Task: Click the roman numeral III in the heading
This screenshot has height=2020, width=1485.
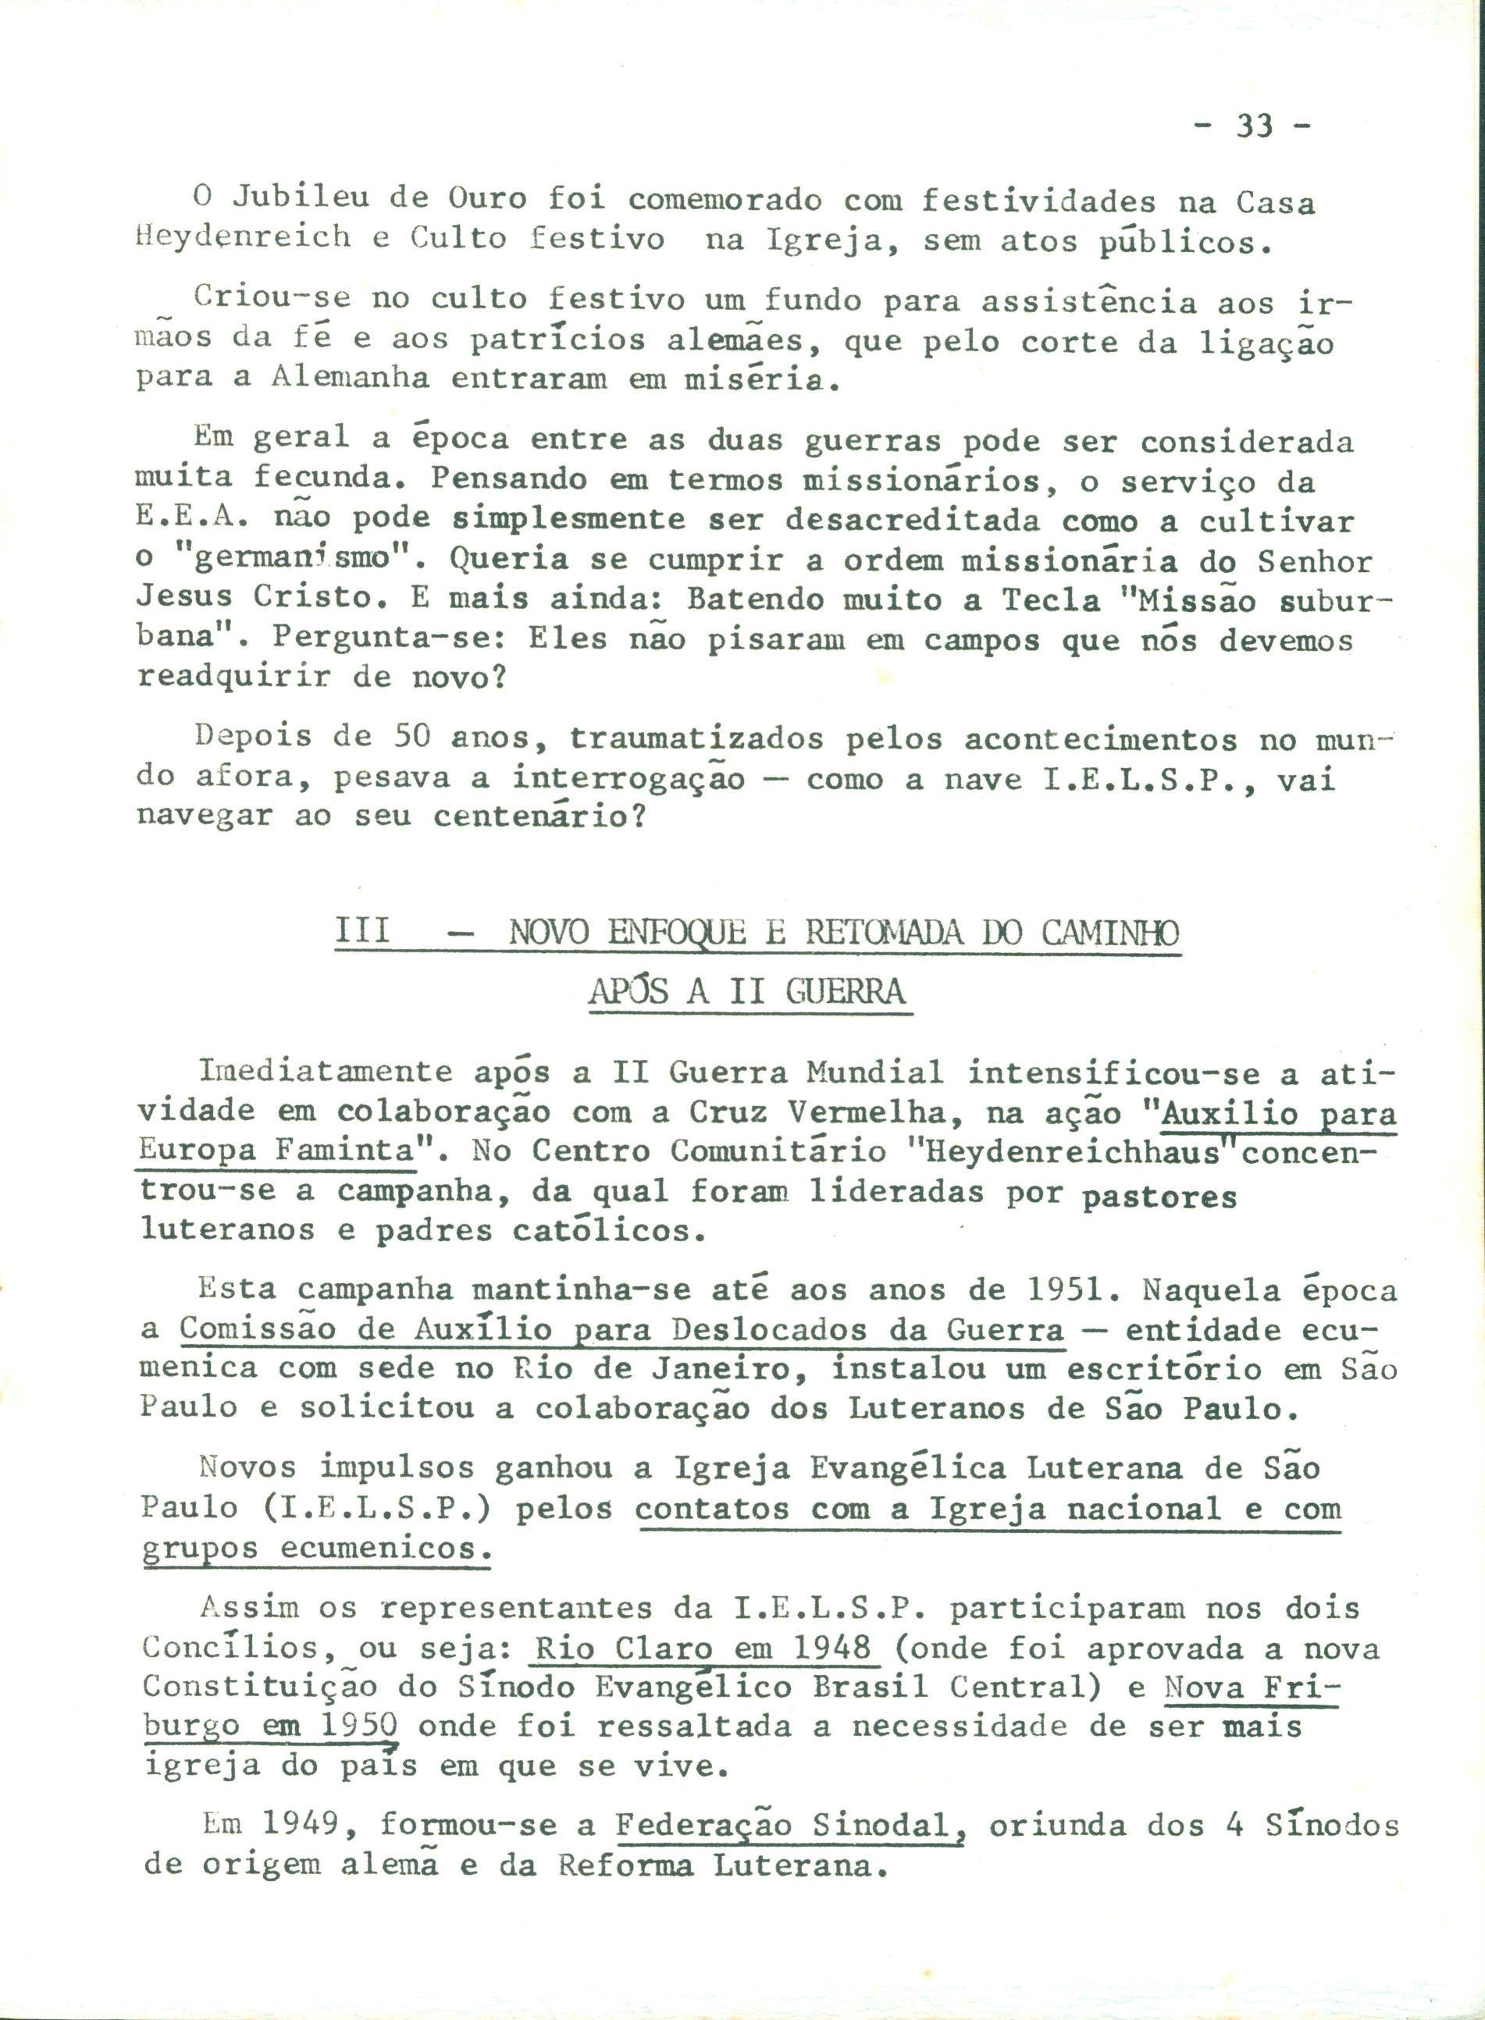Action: click(363, 932)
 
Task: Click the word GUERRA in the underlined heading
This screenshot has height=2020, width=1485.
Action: click(845, 991)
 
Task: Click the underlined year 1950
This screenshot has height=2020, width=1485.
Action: click(358, 1727)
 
